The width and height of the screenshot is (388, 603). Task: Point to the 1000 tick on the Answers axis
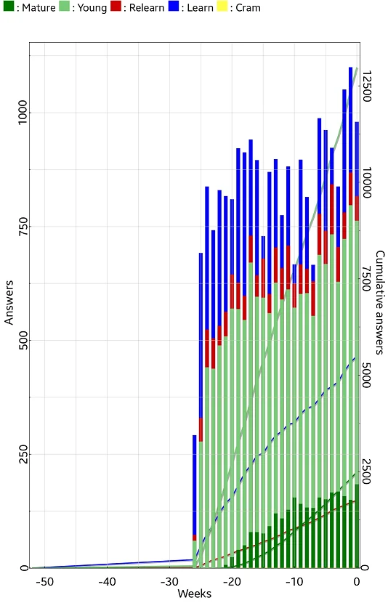[23, 112]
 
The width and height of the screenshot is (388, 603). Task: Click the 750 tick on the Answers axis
[23, 227]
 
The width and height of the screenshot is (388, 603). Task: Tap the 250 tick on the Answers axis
[23, 454]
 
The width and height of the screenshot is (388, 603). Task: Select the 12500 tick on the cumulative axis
[366, 86]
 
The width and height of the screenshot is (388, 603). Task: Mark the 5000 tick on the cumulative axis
[366, 376]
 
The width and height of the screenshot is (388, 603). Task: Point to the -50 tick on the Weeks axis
[44, 581]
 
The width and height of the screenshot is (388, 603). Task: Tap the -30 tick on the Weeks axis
[169, 581]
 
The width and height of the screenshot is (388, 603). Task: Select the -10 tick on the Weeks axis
[294, 581]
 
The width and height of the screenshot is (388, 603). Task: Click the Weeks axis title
[194, 594]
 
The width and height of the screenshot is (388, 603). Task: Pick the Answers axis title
[9, 303]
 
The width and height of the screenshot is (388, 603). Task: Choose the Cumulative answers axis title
[380, 302]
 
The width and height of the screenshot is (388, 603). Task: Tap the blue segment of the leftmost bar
[194, 485]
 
